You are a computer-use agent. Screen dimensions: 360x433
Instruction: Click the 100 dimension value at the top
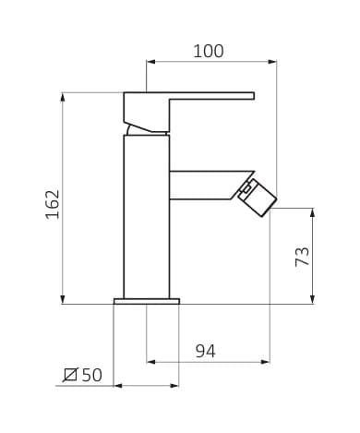[209, 51]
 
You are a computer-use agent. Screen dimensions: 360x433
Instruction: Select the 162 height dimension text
[53, 204]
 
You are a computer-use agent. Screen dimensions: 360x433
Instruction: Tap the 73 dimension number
[302, 257]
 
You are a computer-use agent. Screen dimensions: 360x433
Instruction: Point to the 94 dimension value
[206, 351]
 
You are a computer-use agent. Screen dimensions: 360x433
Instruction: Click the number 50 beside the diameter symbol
[91, 375]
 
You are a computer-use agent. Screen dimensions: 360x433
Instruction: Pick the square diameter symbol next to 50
[70, 375]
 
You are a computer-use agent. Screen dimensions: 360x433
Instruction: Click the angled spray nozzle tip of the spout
[258, 198]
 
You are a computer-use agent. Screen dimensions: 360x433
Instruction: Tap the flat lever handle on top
[189, 112]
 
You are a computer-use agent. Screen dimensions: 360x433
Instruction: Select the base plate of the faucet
[147, 301]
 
